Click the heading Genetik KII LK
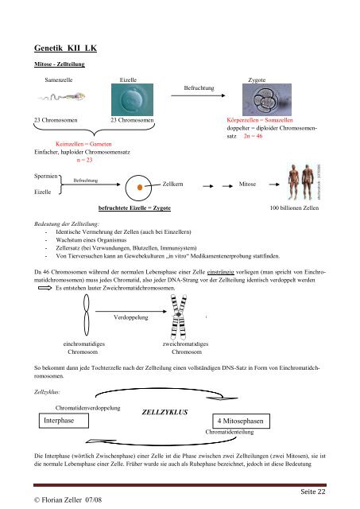coord(65,48)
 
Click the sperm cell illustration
coord(62,96)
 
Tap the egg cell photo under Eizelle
coord(133,99)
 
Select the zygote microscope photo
coord(267,99)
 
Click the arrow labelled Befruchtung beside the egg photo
coord(198,95)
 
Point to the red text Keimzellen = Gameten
coord(83,144)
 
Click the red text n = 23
coord(84,160)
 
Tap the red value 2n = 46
coord(253,136)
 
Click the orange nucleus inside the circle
coord(140,188)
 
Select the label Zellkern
coord(172,184)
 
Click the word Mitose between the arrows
coord(247,184)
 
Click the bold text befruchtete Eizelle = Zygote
coord(134,208)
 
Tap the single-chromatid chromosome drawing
coord(87,315)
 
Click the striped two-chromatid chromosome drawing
coord(179,317)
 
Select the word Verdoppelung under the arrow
coord(130,317)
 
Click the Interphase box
coord(64,421)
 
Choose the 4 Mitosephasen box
coord(241,422)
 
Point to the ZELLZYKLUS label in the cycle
coord(165,412)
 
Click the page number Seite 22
coord(313,492)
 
